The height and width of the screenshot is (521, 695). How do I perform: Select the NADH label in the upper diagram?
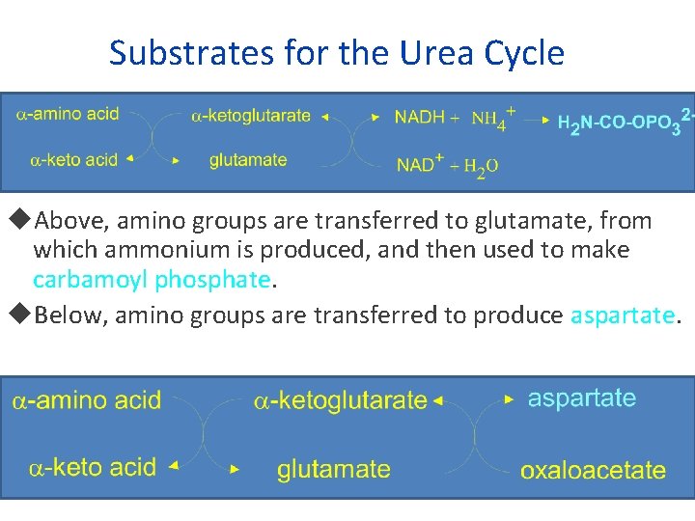pos(420,117)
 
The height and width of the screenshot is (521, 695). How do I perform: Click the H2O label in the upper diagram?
pos(481,165)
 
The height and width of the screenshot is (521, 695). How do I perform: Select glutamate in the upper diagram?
pos(248,160)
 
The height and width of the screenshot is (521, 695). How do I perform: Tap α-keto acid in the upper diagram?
pos(67,159)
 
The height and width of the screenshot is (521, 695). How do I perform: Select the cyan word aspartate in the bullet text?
pos(624,315)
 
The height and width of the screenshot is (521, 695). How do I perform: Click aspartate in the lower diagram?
pos(582,398)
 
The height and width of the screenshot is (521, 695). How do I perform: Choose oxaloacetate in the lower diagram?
pos(593,470)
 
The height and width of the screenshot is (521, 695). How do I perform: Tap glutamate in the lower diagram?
pos(334,469)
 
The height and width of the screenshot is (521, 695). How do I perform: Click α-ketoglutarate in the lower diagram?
pos(340,399)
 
